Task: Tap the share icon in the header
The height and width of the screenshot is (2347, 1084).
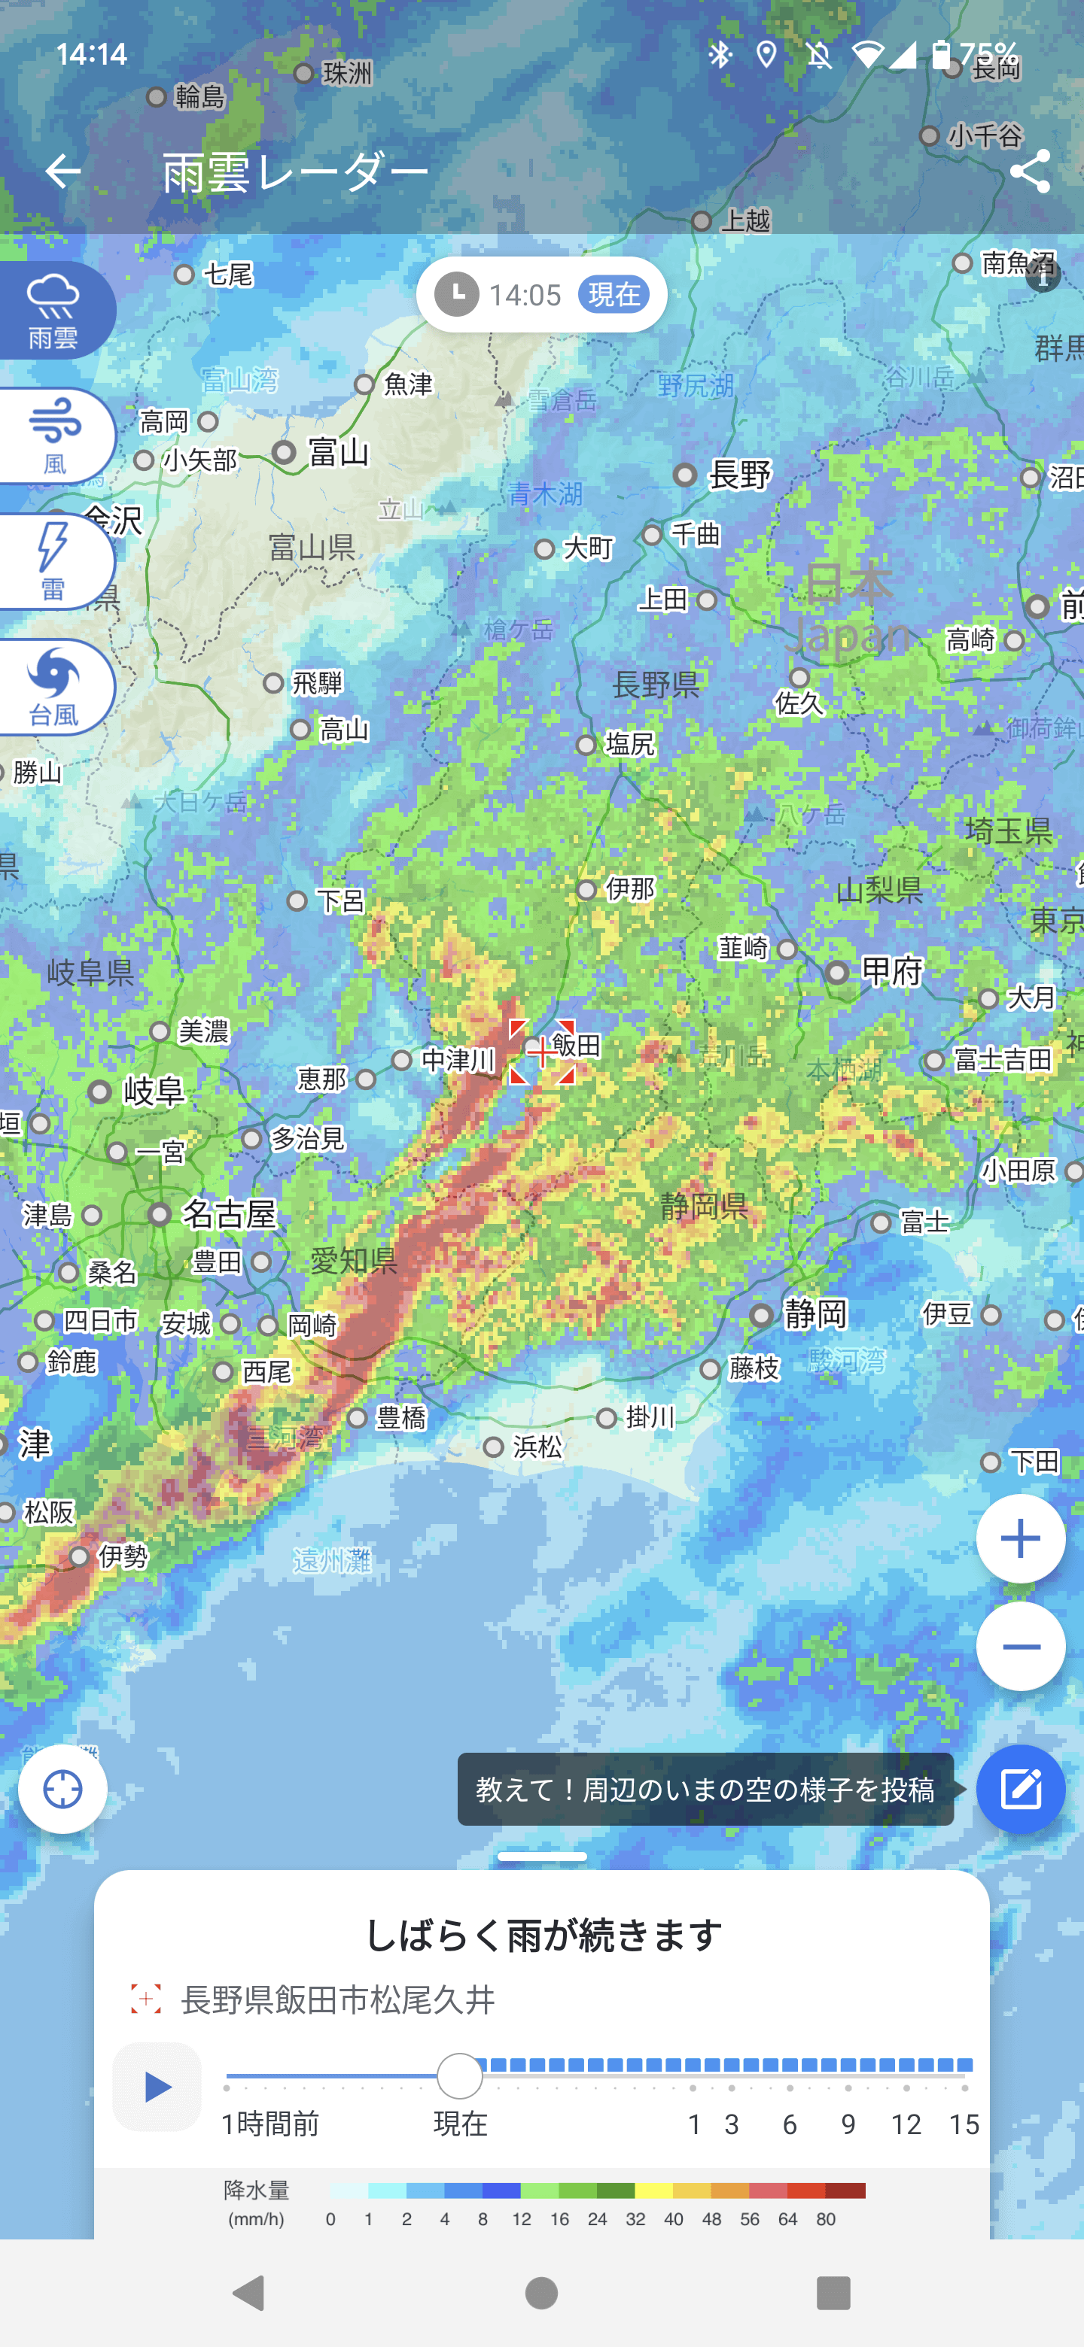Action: (1029, 172)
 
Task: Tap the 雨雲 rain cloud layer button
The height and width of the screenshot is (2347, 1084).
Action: (53, 311)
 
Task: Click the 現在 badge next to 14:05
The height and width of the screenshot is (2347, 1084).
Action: (614, 294)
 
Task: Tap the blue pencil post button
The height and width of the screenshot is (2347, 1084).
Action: (1020, 1789)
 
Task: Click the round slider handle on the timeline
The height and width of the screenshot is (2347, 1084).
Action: (459, 2076)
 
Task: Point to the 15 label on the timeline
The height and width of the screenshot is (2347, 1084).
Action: (964, 2124)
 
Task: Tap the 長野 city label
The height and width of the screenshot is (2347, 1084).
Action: (739, 475)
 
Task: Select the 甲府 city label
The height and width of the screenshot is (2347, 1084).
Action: (891, 971)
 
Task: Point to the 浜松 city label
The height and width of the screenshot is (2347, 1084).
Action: (537, 1447)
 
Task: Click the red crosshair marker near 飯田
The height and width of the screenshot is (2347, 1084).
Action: (541, 1052)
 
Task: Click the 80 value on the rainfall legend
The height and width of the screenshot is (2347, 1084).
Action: (826, 2219)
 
